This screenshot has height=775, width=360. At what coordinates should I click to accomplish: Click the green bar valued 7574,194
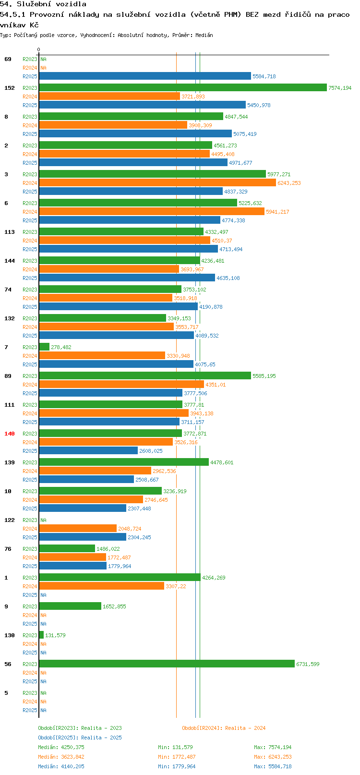click(x=183, y=87)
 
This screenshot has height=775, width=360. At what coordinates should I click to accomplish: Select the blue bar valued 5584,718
click(x=145, y=76)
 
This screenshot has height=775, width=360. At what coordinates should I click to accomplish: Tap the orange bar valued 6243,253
click(x=157, y=182)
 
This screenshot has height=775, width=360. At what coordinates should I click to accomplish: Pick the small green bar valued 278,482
click(x=44, y=347)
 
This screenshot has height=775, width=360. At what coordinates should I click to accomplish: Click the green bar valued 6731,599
click(x=167, y=664)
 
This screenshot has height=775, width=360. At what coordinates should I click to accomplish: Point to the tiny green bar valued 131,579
click(x=41, y=635)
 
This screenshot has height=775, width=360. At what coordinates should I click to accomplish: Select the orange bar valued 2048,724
click(x=78, y=528)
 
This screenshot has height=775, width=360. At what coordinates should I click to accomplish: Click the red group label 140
click(x=10, y=434)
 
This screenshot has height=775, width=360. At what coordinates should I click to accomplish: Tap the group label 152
click(x=10, y=88)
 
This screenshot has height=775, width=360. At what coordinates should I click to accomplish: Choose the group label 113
click(x=10, y=232)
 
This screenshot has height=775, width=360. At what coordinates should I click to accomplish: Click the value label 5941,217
click(x=277, y=212)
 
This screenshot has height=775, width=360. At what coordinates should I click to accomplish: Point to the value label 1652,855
click(x=114, y=606)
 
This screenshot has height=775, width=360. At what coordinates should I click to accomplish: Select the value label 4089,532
click(x=207, y=336)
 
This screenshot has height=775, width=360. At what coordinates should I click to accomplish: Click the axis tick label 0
click(x=38, y=49)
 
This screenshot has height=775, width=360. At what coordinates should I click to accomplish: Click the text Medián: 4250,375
click(x=61, y=747)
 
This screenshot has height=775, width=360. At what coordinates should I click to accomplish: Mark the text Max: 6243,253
click(x=273, y=757)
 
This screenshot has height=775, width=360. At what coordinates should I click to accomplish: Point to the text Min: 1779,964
click(x=177, y=766)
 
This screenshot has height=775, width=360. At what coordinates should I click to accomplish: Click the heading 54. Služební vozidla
click(x=43, y=4)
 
